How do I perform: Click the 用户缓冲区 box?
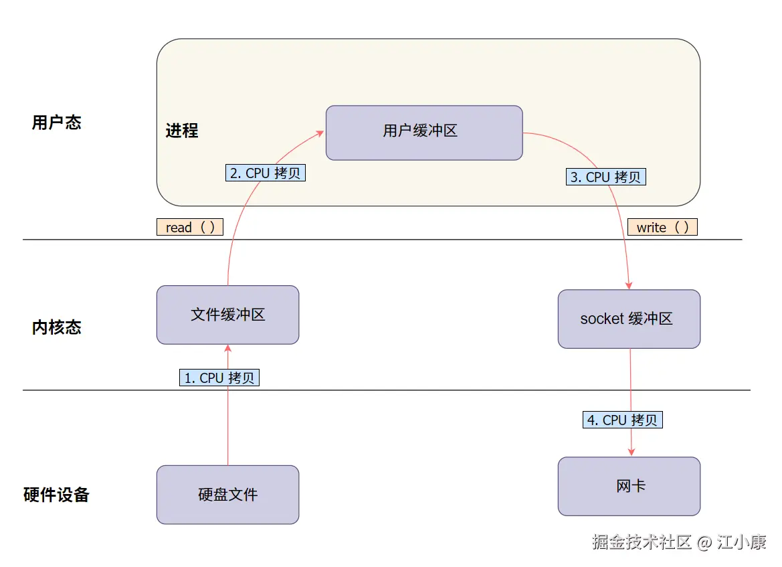pyautogui.click(x=423, y=133)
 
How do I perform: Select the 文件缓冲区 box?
pyautogui.click(x=227, y=315)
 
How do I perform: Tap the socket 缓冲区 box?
pyautogui.click(x=629, y=319)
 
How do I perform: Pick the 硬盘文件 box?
pyautogui.click(x=227, y=495)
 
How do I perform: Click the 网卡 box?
pyautogui.click(x=629, y=486)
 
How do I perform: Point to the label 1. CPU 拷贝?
pyautogui.click(x=219, y=378)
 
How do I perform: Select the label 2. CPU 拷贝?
pyautogui.click(x=265, y=173)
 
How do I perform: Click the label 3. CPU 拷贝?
pyautogui.click(x=606, y=177)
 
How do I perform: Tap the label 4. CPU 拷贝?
pyautogui.click(x=622, y=420)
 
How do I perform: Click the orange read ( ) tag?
pyautogui.click(x=190, y=227)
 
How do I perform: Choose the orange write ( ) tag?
pyautogui.click(x=662, y=227)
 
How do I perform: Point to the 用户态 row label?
pyautogui.click(x=56, y=123)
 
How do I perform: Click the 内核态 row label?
pyautogui.click(x=56, y=327)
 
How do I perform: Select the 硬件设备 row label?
pyautogui.click(x=56, y=495)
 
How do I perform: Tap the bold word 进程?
pyautogui.click(x=182, y=130)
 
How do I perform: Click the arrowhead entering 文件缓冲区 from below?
pyautogui.click(x=228, y=348)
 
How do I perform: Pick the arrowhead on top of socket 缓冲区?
pyautogui.click(x=629, y=285)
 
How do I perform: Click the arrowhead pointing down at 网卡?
pyautogui.click(x=631, y=453)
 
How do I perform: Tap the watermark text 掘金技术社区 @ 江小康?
pyautogui.click(x=679, y=542)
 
